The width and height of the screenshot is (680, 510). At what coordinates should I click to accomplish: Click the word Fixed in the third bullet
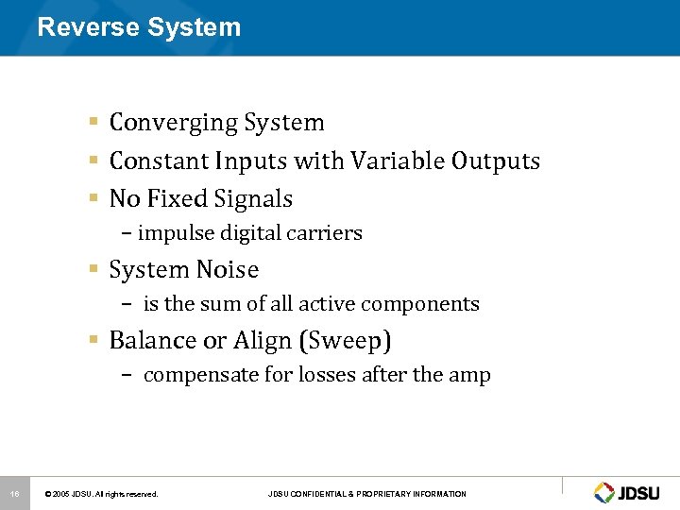[178, 199]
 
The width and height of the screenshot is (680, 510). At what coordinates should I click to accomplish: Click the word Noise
[227, 270]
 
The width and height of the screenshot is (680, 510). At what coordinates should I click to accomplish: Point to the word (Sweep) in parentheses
[348, 341]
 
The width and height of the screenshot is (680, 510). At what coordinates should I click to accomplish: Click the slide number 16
[14, 493]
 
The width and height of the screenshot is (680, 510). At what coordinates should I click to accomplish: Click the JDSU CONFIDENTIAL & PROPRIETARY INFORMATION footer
[366, 494]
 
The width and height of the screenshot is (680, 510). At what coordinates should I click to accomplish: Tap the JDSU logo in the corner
[629, 492]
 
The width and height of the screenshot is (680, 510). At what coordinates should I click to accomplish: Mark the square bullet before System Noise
[94, 270]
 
